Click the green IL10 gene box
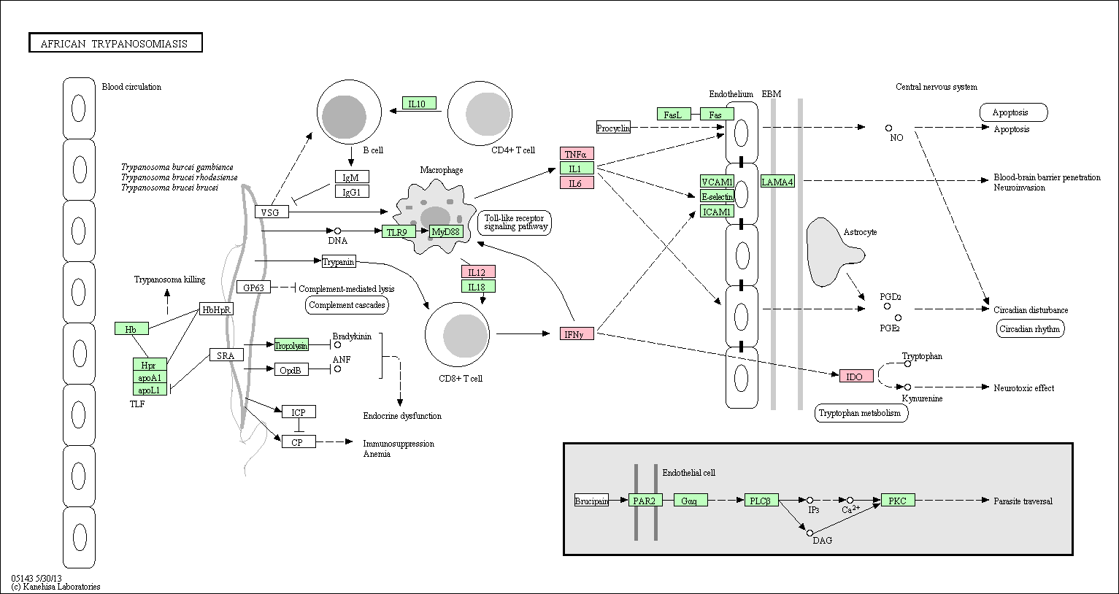point(419,104)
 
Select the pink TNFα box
point(577,154)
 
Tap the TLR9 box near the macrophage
point(399,232)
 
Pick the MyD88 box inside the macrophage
point(446,232)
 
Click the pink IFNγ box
point(577,333)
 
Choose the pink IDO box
point(856,377)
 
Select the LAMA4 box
point(777,182)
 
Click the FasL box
point(674,115)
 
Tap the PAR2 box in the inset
point(645,500)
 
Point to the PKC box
point(899,500)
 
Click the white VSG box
point(272,212)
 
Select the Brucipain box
point(591,500)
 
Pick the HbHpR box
point(216,309)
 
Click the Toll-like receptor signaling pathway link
point(515,223)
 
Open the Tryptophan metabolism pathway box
point(861,413)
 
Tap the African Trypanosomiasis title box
point(115,43)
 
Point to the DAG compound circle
point(810,533)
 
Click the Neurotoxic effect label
point(1023,387)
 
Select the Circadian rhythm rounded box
point(1030,328)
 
